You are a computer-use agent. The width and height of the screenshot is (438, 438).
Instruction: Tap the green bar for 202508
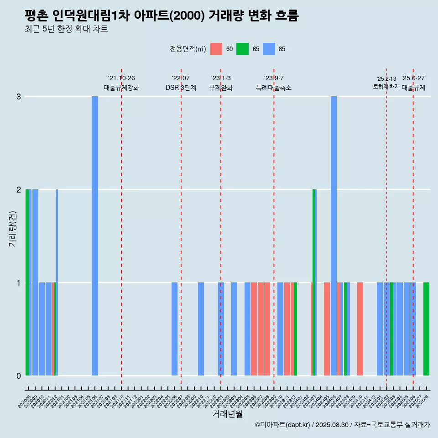pyautogui.click(x=426, y=328)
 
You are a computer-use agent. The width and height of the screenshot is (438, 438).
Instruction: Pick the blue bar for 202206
pyautogui.click(x=174, y=328)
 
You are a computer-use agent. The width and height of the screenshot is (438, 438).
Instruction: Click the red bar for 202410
pyautogui.click(x=360, y=328)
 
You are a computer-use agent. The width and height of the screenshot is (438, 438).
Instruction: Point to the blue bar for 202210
pyautogui.click(x=201, y=328)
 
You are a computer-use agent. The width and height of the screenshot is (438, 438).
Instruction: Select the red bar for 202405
pyautogui.click(x=327, y=328)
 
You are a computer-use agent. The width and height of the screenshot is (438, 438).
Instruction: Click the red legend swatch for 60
pyautogui.click(x=216, y=49)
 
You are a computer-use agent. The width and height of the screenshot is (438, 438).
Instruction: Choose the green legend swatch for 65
pyautogui.click(x=242, y=49)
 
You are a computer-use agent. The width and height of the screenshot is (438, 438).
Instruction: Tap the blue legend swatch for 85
pyautogui.click(x=269, y=49)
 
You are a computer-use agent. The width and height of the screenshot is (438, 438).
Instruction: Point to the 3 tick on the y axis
pyautogui.click(x=19, y=96)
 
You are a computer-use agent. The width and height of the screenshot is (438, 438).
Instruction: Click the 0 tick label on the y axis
pyautogui.click(x=19, y=375)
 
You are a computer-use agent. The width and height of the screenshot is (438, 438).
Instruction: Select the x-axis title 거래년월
pyautogui.click(x=227, y=414)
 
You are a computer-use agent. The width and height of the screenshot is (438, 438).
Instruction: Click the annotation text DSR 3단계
pyautogui.click(x=181, y=88)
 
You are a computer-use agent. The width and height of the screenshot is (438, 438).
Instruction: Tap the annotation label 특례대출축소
pyautogui.click(x=274, y=88)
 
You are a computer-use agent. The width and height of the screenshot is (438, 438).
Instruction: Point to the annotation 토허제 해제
pyautogui.click(x=386, y=87)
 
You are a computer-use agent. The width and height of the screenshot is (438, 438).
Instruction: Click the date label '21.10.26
pyautogui.click(x=121, y=78)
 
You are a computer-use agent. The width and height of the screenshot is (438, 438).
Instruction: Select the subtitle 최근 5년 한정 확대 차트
pyautogui.click(x=66, y=29)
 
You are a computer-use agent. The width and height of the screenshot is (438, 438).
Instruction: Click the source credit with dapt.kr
pyautogui.click(x=342, y=425)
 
